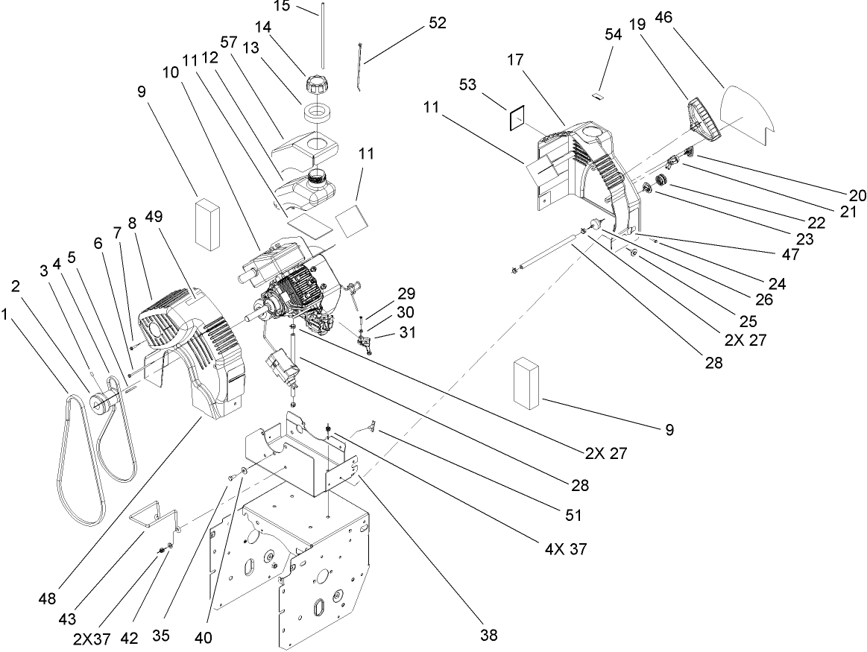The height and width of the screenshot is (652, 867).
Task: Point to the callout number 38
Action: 488,635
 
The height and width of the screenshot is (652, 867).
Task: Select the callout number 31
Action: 406,334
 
